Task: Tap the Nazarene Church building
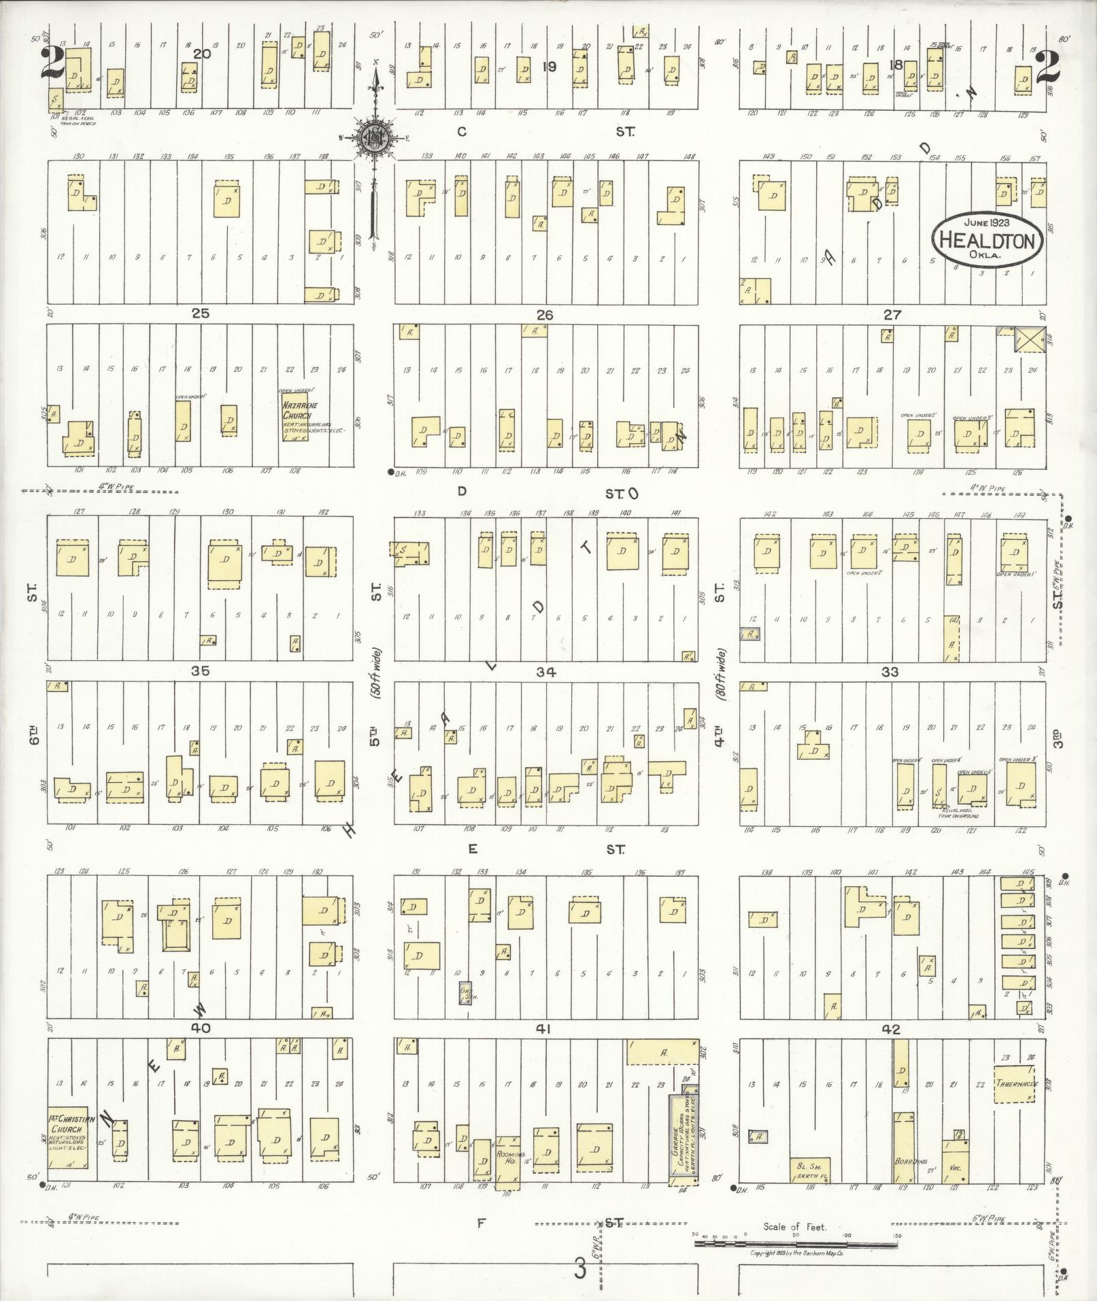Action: pyautogui.click(x=297, y=416)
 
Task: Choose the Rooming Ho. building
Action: pyautogui.click(x=508, y=1160)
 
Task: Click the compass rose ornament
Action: pyautogui.click(x=373, y=135)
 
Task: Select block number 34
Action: pyautogui.click(x=545, y=673)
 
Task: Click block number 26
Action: pyautogui.click(x=545, y=315)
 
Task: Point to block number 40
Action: pyautogui.click(x=201, y=1028)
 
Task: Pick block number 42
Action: pyautogui.click(x=890, y=1029)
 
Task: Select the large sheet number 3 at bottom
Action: pyautogui.click(x=579, y=1269)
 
